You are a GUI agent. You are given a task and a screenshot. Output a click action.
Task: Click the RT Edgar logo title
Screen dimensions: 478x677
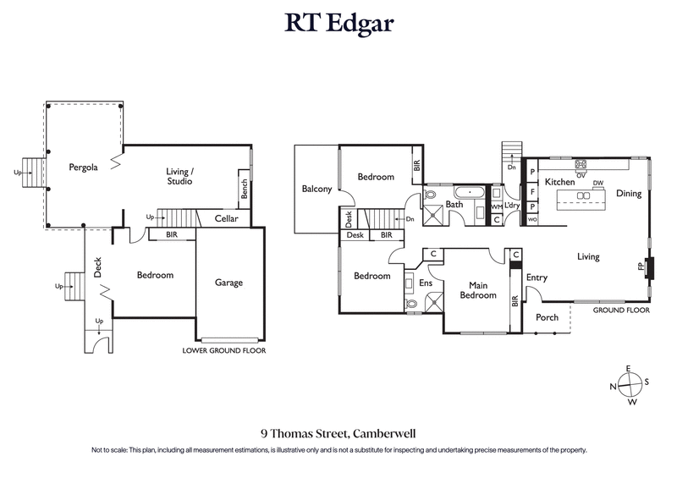[338, 24]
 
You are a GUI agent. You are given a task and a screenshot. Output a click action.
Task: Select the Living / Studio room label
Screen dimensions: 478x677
[179, 176]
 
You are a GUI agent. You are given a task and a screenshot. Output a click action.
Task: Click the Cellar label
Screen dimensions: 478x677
[226, 219]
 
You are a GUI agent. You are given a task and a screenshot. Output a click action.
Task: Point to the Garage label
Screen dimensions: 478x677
[228, 283]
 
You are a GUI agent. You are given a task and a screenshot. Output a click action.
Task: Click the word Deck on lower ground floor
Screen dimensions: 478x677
[98, 268]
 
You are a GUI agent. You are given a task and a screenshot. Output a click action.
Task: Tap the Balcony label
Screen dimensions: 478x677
[316, 190]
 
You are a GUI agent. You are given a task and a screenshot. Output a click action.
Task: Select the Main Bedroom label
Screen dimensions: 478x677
[477, 290]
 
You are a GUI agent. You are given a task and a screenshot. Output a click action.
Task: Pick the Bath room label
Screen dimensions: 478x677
[454, 205]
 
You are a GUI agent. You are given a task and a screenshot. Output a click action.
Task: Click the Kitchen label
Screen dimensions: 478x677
[559, 183]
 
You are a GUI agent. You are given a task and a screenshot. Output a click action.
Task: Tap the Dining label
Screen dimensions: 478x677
[628, 194]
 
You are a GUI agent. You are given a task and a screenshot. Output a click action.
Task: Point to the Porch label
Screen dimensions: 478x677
[547, 318]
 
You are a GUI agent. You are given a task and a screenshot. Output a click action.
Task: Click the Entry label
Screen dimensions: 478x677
[537, 277]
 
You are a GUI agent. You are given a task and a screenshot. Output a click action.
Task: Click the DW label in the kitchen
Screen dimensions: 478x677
[597, 183]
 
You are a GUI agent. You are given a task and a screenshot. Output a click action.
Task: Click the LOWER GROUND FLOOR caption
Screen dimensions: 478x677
[224, 350]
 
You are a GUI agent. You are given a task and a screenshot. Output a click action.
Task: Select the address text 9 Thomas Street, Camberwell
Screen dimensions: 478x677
[338, 431]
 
